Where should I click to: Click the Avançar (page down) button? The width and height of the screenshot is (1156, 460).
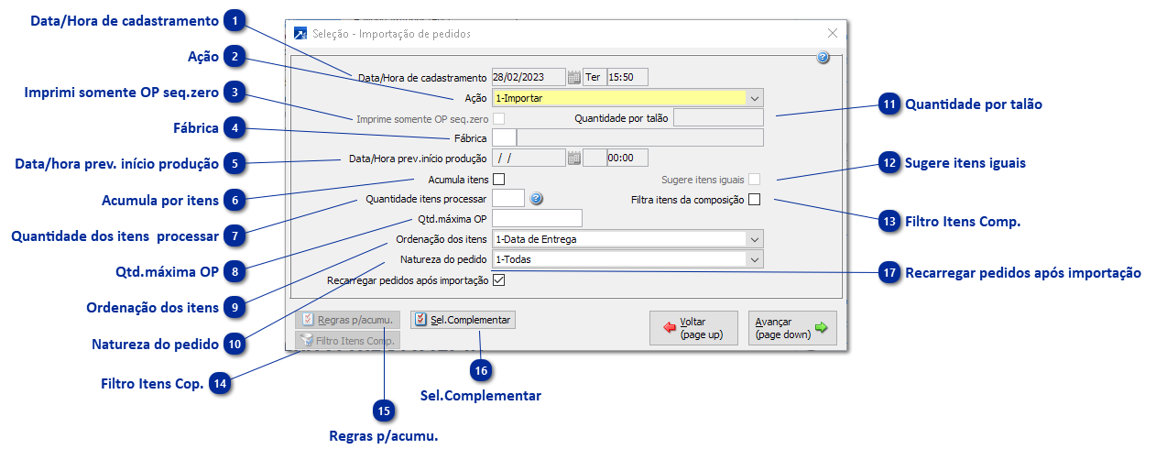792,327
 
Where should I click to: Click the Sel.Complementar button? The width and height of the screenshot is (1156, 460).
463,320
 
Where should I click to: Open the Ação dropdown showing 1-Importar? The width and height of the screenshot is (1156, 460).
627,97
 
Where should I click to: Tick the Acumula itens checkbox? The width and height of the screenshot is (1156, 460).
499,180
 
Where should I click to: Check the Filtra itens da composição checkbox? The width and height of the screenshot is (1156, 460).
755,200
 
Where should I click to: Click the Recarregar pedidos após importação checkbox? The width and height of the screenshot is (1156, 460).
499,280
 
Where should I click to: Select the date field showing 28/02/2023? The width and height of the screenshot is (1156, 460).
529,77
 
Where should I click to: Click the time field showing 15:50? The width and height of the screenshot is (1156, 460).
627,77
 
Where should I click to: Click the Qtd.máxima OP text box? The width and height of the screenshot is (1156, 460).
537,218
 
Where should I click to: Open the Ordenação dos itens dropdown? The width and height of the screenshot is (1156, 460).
627,239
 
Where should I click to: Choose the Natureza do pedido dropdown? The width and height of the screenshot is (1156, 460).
627,259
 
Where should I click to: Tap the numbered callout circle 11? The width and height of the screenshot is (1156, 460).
889,105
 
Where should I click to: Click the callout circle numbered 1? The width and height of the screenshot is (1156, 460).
235,20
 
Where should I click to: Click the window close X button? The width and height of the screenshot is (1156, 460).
833,33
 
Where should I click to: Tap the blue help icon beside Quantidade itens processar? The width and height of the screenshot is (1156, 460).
537,198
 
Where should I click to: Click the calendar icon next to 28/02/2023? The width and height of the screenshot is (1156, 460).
574,77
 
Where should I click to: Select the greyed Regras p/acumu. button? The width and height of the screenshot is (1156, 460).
347,320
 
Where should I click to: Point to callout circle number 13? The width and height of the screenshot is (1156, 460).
889,220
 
